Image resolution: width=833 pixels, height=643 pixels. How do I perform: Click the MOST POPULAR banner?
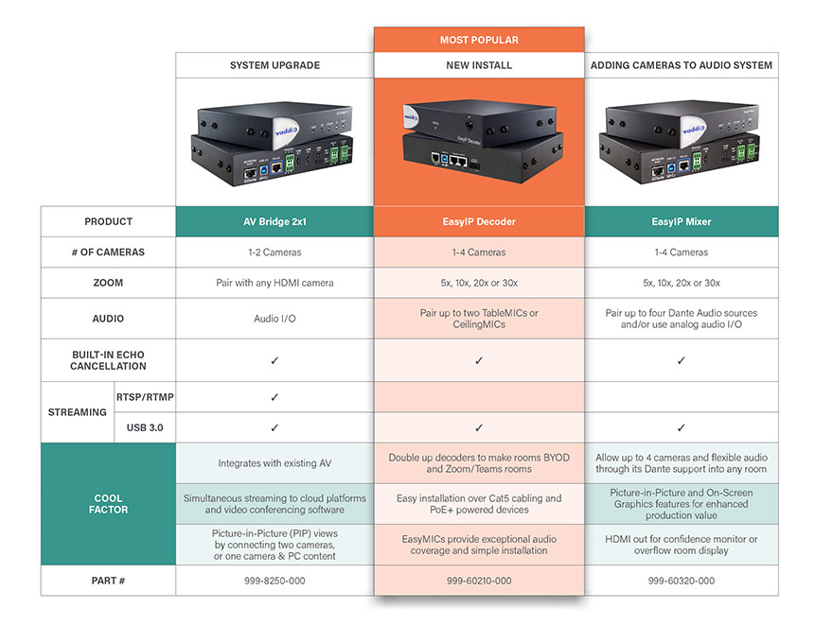tap(479, 40)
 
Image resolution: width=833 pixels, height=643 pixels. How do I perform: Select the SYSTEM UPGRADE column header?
tap(275, 65)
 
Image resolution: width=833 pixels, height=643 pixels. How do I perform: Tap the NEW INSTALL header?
tap(479, 65)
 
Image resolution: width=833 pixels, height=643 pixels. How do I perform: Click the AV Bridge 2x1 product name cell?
tap(275, 221)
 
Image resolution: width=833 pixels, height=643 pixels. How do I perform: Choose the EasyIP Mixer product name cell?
tap(682, 221)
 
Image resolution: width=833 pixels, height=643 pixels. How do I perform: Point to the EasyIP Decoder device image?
tap(479, 139)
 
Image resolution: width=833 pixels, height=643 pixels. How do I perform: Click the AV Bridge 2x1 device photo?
tap(275, 142)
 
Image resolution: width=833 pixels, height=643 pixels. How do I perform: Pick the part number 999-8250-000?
tap(275, 581)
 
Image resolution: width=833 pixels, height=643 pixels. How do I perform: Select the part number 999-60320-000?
tap(682, 581)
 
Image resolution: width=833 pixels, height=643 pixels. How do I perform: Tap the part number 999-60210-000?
tap(479, 581)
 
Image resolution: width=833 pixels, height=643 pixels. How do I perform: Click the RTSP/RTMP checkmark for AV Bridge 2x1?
tap(275, 397)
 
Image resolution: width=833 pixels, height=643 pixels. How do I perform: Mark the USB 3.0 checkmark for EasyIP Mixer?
tap(682, 427)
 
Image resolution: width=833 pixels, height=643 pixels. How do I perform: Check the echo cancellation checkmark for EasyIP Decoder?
tap(479, 360)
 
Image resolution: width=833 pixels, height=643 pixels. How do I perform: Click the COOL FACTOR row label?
tap(108, 504)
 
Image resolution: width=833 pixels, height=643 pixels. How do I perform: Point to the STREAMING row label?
tap(78, 412)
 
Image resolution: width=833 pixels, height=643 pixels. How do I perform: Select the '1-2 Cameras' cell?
tap(275, 252)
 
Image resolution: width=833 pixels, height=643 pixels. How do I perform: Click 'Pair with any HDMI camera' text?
tap(275, 283)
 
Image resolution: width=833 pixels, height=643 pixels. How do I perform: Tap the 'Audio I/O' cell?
tap(275, 319)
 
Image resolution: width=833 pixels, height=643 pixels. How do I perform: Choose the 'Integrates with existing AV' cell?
tap(275, 463)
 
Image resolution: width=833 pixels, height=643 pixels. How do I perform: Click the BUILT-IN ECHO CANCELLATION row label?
tap(108, 360)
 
